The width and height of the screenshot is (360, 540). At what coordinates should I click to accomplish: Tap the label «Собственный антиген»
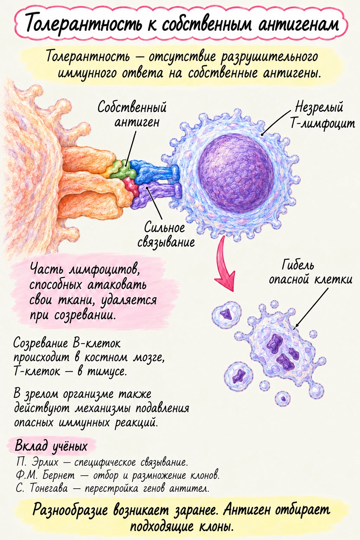(x=132, y=114)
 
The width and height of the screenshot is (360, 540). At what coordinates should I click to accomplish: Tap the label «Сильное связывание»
(x=166, y=234)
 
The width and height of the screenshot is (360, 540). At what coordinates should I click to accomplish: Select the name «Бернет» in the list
(x=59, y=475)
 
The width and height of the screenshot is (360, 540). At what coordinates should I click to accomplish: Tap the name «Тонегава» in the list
(x=49, y=488)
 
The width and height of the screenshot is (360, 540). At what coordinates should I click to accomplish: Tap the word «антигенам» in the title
(x=298, y=24)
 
